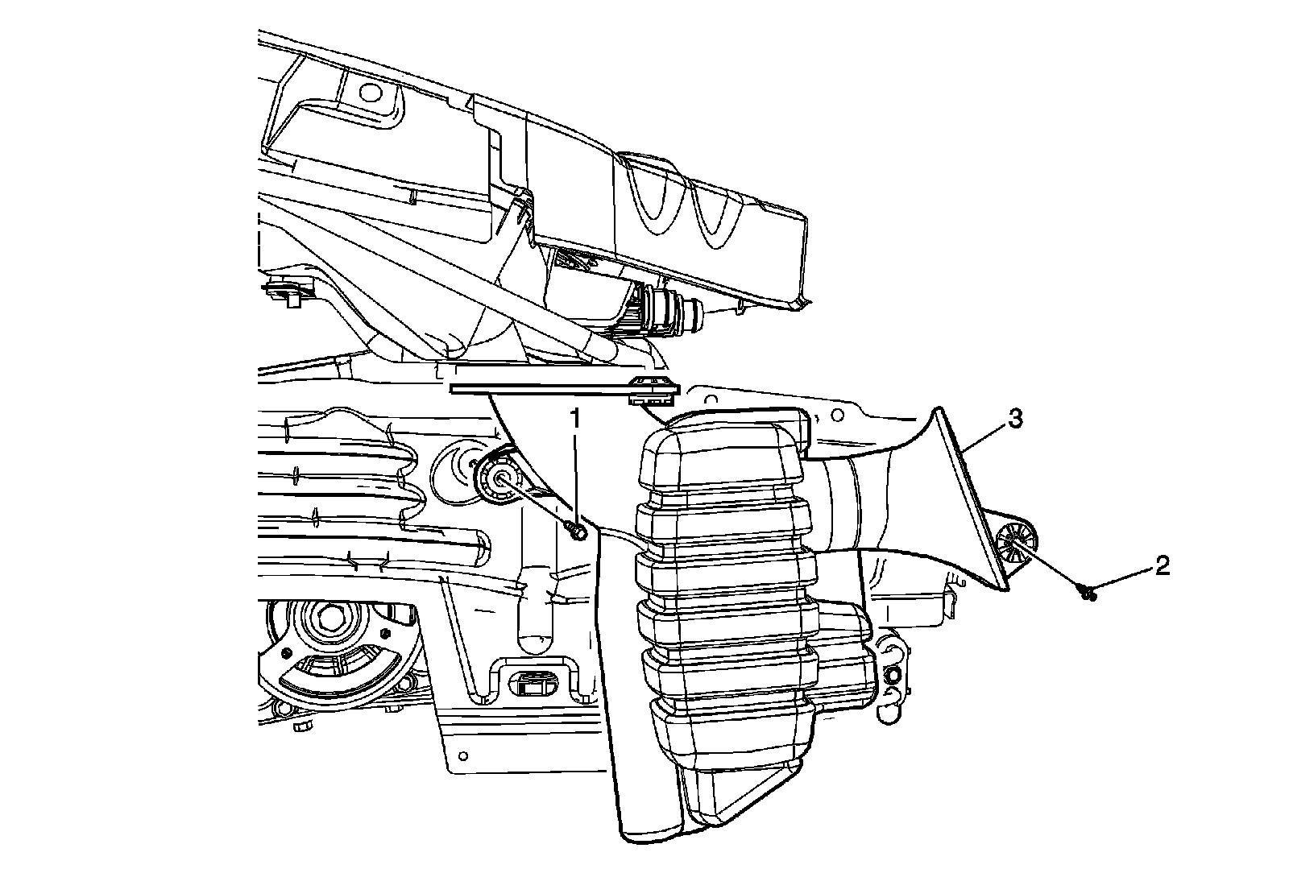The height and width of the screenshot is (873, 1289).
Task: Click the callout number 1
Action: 575,418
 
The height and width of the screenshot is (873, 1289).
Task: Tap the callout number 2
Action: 1161,566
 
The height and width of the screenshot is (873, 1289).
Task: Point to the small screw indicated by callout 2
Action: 1088,594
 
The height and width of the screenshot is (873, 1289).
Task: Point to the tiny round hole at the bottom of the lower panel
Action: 462,754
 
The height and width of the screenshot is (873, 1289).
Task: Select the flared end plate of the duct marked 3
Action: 967,499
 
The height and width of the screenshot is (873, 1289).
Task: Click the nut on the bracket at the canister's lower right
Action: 892,674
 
